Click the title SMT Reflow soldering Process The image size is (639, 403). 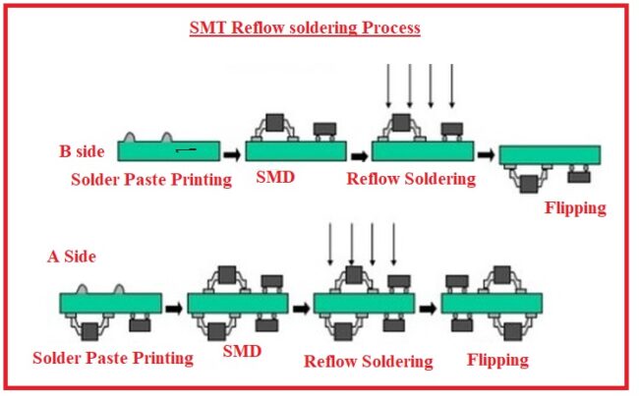tap(305, 28)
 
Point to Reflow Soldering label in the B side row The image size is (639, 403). tap(411, 179)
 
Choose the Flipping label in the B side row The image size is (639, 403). tap(575, 208)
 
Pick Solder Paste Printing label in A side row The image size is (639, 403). tap(112, 358)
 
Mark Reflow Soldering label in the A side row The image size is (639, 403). tap(369, 361)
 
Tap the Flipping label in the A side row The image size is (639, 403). tap(497, 359)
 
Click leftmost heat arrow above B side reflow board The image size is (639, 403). tap(388, 86)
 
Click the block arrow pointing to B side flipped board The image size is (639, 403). tap(485, 153)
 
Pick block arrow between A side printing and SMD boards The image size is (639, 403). tap(174, 307)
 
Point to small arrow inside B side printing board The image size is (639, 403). tap(186, 150)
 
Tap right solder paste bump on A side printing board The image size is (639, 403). tap(119, 290)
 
